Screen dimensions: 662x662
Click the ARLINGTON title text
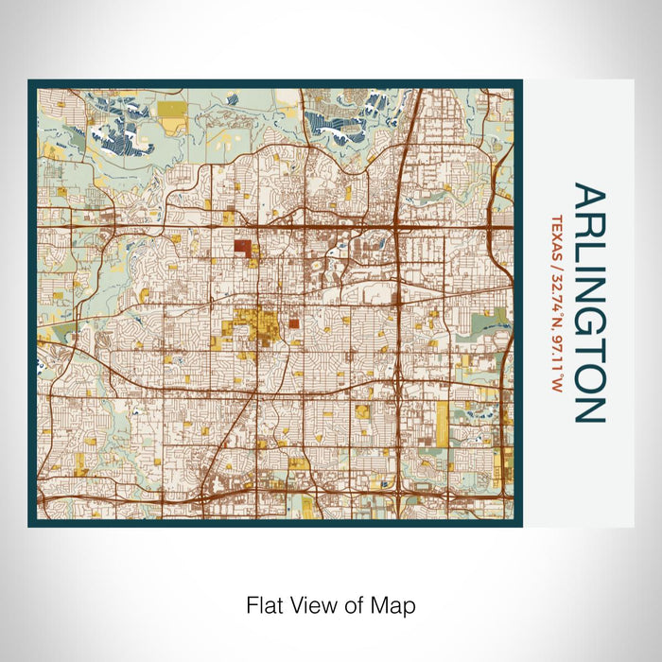588,303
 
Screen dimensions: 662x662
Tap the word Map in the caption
398,603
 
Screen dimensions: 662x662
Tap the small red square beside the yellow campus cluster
293,322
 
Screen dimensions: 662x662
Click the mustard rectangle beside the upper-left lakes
172,120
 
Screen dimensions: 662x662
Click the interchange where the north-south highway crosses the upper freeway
398,227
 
